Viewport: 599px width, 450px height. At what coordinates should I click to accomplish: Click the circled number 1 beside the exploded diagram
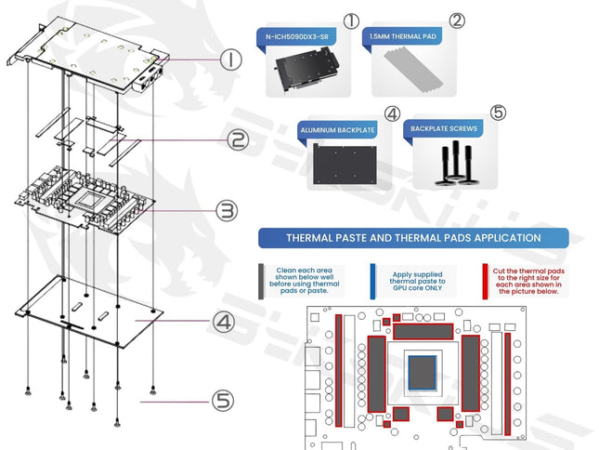[x=231, y=61]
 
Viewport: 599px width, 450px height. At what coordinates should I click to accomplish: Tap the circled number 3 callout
[x=227, y=211]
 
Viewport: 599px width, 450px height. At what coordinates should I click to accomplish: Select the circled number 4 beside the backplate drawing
[x=223, y=323]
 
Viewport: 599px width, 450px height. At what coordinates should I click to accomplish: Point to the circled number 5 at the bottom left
[x=222, y=401]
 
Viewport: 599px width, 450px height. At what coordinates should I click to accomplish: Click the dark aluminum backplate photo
[x=346, y=170]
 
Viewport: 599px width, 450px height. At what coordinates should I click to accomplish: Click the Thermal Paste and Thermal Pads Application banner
[x=413, y=238]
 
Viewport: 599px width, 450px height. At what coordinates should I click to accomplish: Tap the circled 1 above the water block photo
[x=351, y=20]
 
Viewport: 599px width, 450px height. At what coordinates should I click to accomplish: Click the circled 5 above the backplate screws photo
[x=499, y=112]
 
